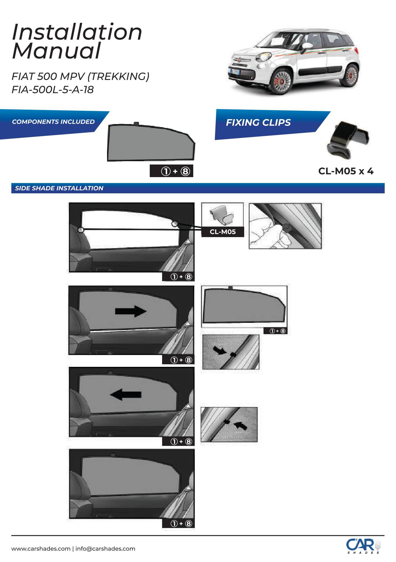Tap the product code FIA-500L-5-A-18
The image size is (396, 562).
point(52,90)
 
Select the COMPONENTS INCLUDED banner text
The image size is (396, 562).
point(53,122)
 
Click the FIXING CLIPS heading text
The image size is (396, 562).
point(258,123)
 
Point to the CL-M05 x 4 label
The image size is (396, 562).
point(346,171)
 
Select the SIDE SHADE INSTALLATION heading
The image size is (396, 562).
point(59,188)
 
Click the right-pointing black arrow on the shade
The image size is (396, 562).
point(131,311)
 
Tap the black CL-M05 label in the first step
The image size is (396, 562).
point(223,232)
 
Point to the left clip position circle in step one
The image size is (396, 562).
point(81,230)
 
